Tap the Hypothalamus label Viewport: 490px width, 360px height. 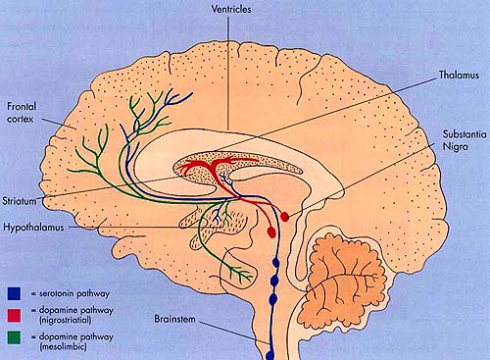point(34,224)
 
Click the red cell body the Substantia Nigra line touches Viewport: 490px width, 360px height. point(285,214)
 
